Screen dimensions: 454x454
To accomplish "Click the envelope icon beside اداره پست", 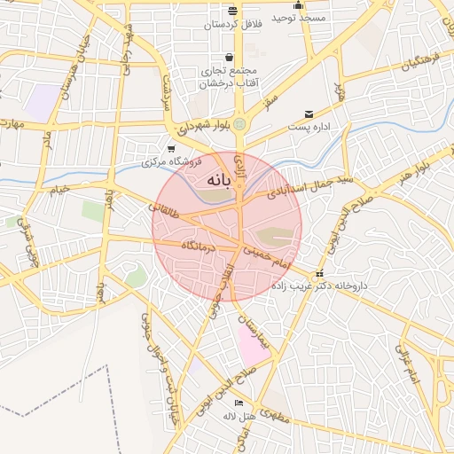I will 309,114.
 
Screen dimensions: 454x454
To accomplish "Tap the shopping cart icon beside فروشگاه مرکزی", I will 171,149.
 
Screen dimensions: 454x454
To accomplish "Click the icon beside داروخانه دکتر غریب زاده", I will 319,273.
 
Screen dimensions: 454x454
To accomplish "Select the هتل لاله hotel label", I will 239,416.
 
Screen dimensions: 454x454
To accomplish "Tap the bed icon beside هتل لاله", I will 226,404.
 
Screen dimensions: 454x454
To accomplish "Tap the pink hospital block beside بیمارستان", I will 254,345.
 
